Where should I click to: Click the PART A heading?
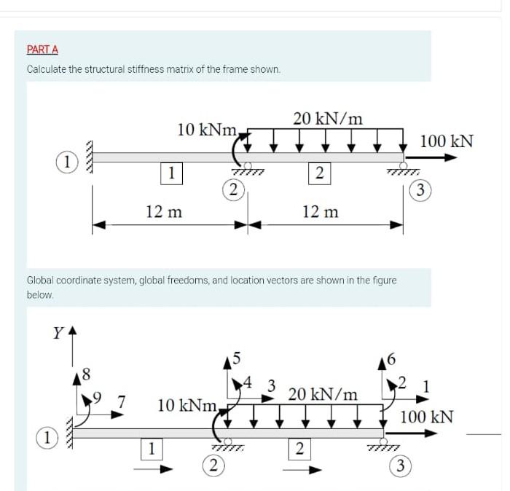42,50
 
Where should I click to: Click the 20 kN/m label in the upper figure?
328,118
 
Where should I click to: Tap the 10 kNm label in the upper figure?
207,130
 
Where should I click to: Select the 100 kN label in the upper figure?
447,141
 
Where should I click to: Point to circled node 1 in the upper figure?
66,162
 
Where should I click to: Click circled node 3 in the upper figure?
419,192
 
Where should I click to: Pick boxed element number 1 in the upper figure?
170,173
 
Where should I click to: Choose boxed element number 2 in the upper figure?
318,173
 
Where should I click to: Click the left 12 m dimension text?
164,212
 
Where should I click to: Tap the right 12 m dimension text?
320,212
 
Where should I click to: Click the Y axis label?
56,334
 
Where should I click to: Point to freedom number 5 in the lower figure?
233,358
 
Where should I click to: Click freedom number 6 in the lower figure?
394,358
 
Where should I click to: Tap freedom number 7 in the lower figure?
122,400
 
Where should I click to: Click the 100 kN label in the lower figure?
427,417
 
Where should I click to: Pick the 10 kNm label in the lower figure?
188,405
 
